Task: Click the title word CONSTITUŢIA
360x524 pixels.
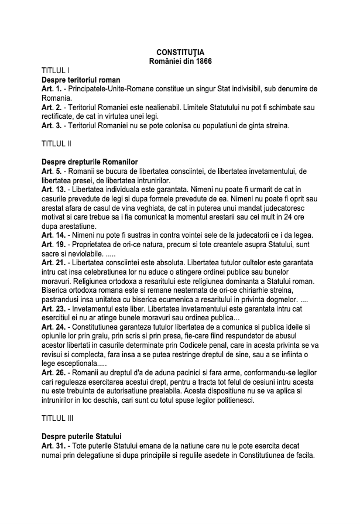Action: click(180, 53)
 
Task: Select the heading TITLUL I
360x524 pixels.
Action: click(56, 70)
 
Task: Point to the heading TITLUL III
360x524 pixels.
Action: click(58, 419)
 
